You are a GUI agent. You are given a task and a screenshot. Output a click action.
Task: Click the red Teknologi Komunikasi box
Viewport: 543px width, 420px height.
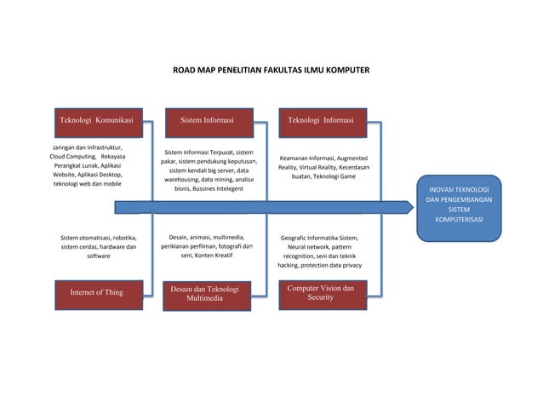(x=95, y=121)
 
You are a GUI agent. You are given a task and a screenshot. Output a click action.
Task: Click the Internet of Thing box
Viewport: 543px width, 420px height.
(x=96, y=292)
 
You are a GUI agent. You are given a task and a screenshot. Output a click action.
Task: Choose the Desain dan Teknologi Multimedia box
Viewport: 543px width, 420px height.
(x=204, y=294)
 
